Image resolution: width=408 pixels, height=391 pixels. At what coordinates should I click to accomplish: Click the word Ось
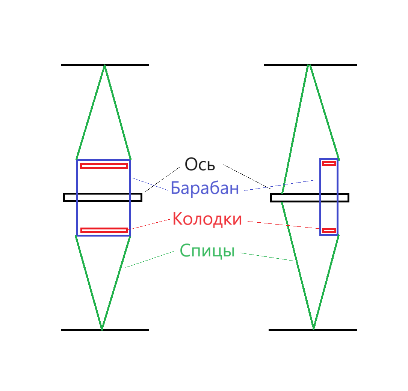pyautogui.click(x=200, y=164)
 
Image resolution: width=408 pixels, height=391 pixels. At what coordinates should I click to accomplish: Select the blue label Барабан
pyautogui.click(x=205, y=188)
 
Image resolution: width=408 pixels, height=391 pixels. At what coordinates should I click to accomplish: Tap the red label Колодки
pyautogui.click(x=207, y=219)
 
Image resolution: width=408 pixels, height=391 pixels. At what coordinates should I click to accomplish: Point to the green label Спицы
pyautogui.click(x=207, y=250)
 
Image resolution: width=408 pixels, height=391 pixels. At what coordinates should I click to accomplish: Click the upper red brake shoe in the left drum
pyautogui.click(x=104, y=166)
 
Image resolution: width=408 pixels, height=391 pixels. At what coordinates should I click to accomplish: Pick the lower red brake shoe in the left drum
pyautogui.click(x=104, y=230)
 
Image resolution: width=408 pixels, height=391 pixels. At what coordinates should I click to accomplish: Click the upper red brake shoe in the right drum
pyautogui.click(x=329, y=163)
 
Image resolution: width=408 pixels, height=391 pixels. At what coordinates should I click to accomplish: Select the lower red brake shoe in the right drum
pyautogui.click(x=329, y=231)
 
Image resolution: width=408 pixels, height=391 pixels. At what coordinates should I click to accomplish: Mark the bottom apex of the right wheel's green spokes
pyautogui.click(x=313, y=328)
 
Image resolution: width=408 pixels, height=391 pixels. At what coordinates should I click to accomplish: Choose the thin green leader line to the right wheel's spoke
pyautogui.click(x=266, y=257)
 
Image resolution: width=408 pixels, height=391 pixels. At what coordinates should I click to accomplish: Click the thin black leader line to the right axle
pyautogui.click(x=246, y=176)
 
